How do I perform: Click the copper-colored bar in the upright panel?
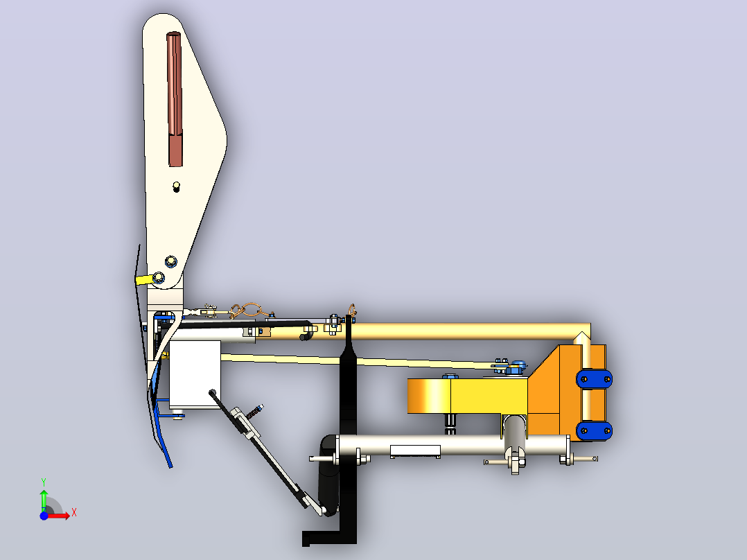pyautogui.click(x=175, y=99)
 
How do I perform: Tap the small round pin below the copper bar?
pyautogui.click(x=176, y=186)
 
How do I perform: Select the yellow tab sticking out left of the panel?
pyautogui.click(x=143, y=279)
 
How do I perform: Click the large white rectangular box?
pyautogui.click(x=195, y=374)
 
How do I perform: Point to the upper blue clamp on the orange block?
pyautogui.click(x=594, y=379)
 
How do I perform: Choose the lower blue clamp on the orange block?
pyautogui.click(x=594, y=431)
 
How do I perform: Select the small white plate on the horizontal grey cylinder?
pyautogui.click(x=415, y=451)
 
